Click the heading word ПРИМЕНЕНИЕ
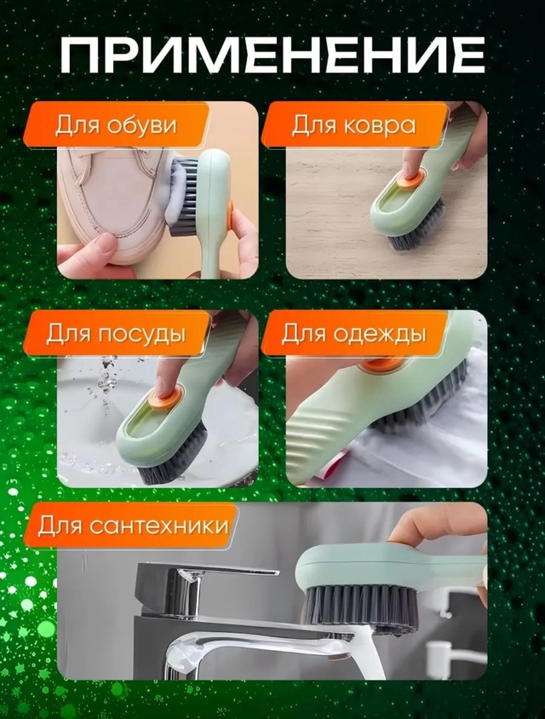point(272,55)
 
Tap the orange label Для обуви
point(116,125)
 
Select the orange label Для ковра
point(353,125)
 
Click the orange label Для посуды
point(116,333)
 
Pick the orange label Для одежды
point(353,333)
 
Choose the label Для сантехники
point(133,525)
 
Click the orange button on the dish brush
point(163,398)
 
